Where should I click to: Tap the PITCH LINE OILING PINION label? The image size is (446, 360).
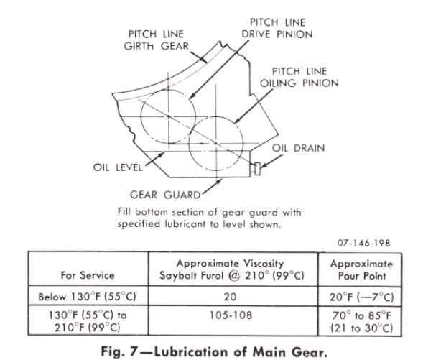pos(301,78)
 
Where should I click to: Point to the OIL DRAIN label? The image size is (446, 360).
pos(298,148)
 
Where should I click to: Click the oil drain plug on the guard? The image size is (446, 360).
pos(256,169)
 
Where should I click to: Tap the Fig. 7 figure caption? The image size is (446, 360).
pos(222,349)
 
